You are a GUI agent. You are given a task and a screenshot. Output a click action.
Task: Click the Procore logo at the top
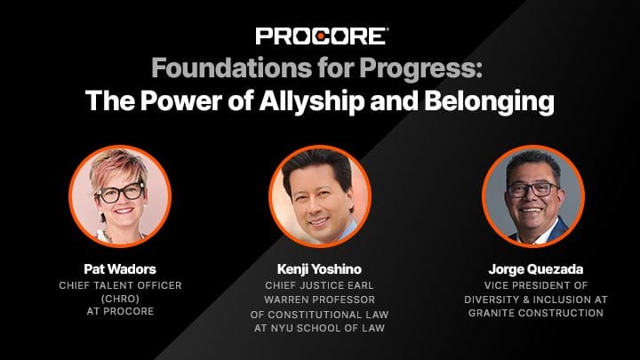[x=322, y=36]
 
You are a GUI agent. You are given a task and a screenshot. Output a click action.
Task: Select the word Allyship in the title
[x=311, y=100]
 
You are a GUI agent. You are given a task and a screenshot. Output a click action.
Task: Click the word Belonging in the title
[x=489, y=100]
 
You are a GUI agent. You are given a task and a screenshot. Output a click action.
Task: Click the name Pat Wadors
[x=120, y=269]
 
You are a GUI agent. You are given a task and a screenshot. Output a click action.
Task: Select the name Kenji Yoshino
[x=319, y=269]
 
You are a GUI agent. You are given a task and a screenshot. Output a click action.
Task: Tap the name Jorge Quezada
[x=535, y=269]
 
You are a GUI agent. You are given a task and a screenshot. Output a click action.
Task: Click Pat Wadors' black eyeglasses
[x=120, y=193]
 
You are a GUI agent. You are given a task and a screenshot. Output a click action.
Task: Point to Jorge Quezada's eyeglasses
[x=532, y=189]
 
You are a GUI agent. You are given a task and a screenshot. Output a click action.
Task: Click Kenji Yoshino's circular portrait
[x=320, y=196]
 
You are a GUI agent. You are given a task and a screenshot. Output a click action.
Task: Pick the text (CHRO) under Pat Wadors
[x=120, y=299]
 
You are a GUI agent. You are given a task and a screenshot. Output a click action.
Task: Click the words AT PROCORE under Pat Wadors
[x=120, y=311]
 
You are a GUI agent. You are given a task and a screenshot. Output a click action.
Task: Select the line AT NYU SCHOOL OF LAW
[x=319, y=328]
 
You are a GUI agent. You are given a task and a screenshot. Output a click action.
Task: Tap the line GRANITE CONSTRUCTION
[x=535, y=313]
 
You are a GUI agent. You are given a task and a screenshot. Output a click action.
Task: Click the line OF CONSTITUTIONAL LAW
[x=319, y=315]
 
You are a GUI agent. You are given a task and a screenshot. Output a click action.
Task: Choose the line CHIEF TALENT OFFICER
[x=120, y=285]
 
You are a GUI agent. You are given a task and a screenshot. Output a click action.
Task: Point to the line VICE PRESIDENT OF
[x=535, y=285]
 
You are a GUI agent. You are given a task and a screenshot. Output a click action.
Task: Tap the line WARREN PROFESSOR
[x=319, y=300]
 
